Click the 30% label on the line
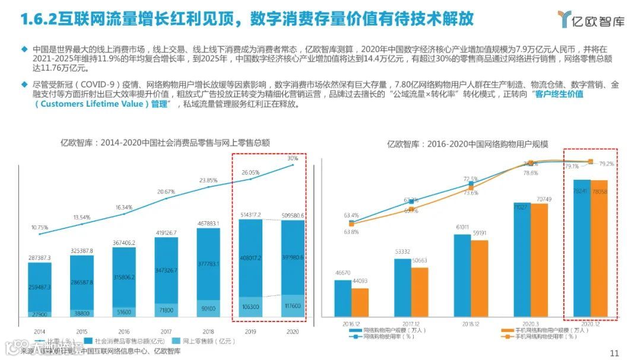[x=293, y=158]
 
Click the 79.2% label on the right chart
[x=607, y=163]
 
